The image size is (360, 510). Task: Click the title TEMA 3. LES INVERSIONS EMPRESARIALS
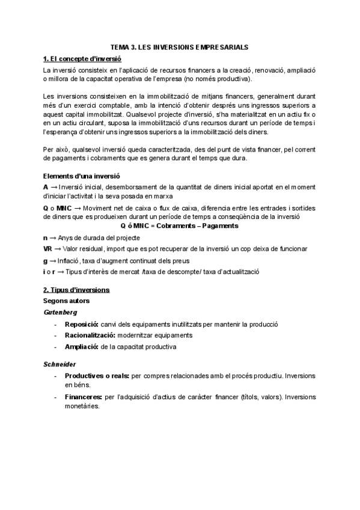pos(180,46)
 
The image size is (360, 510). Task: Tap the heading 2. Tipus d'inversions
pos(76,289)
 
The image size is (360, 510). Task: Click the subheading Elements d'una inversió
pos(82,176)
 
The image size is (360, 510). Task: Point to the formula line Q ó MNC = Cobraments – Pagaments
pos(180,226)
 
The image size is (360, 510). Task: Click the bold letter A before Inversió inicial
pos(46,188)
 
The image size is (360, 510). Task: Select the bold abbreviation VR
pos(48,248)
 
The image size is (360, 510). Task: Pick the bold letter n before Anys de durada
pos(46,238)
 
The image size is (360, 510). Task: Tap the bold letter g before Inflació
pos(46,260)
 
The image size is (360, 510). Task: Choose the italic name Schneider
pos(60,364)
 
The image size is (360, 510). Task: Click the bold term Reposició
pos(82,324)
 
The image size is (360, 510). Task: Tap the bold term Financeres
pos(84,397)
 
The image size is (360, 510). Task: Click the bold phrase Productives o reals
pos(97,375)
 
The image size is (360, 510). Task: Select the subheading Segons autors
pos(68,301)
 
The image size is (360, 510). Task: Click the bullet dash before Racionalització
pos(56,335)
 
